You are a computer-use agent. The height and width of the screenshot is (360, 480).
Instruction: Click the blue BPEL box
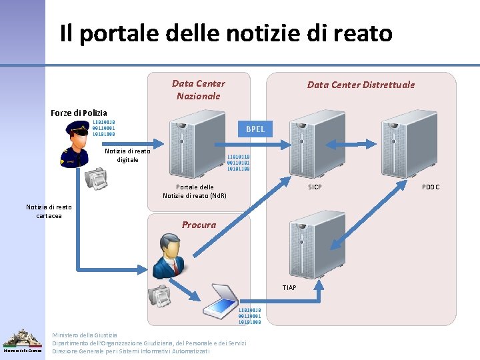[x=255, y=129]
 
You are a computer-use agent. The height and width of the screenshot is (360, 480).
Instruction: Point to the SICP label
[x=315, y=187]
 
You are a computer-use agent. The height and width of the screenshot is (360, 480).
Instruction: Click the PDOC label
[x=431, y=187]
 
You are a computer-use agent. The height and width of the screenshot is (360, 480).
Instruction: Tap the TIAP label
[x=289, y=287]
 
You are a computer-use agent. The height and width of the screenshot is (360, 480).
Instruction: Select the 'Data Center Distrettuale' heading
[x=361, y=85]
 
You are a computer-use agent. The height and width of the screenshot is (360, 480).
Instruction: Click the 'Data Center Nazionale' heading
[x=199, y=90]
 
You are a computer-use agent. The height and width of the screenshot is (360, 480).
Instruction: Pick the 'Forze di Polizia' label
[x=79, y=113]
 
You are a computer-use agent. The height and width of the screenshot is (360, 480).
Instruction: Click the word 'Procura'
[x=199, y=225]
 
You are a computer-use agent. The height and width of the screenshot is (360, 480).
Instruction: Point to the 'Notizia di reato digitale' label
[x=128, y=155]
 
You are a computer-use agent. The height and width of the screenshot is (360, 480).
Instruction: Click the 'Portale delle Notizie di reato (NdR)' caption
[x=195, y=191]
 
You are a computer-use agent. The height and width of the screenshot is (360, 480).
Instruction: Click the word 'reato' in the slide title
[x=360, y=33]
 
